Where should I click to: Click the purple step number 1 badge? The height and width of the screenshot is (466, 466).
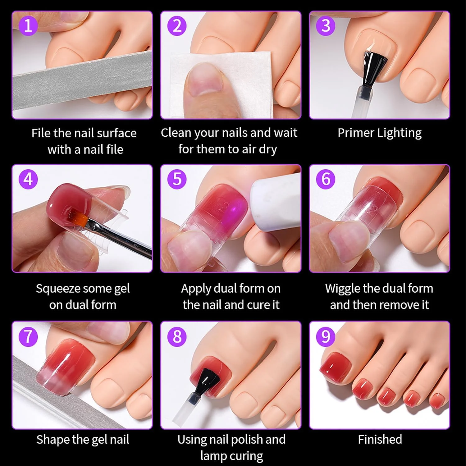(x=28, y=25)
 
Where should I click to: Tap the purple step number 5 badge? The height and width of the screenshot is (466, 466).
(x=177, y=179)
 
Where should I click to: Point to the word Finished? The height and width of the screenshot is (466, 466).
(x=380, y=439)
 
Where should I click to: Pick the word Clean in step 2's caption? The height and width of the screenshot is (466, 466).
(x=176, y=133)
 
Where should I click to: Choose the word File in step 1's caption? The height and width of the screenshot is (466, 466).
(x=41, y=133)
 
